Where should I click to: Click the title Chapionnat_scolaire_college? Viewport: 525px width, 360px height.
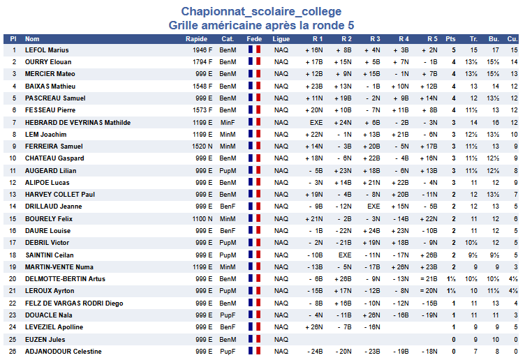[261, 11]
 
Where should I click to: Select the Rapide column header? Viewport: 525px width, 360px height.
[198, 38]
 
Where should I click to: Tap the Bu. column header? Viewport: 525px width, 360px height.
[494, 38]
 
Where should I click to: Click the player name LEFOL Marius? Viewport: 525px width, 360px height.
[47, 50]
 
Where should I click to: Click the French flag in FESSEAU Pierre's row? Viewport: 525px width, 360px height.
[254, 110]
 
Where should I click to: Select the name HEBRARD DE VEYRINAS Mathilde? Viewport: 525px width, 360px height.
[77, 122]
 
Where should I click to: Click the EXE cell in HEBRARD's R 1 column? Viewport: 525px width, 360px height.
[316, 122]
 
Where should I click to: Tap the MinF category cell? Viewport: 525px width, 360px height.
[228, 122]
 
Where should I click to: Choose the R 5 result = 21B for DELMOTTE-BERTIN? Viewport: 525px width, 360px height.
[429, 279]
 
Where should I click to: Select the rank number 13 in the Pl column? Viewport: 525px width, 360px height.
[13, 195]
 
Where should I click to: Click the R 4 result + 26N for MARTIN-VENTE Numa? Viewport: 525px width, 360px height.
[400, 267]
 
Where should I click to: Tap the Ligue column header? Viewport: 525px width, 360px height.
[281, 38]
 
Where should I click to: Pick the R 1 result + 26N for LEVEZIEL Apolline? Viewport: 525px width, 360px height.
[314, 327]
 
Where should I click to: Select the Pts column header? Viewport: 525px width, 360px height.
[450, 38]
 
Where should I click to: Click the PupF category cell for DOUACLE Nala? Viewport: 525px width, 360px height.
[228, 315]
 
